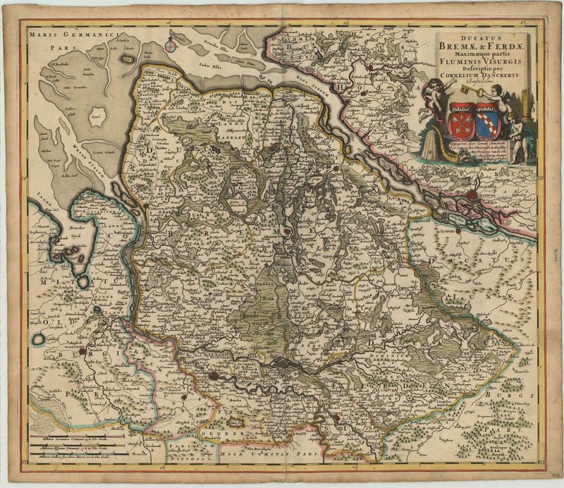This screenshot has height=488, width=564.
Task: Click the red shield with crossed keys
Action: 460,118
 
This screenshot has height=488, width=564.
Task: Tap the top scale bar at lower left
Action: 78,437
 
